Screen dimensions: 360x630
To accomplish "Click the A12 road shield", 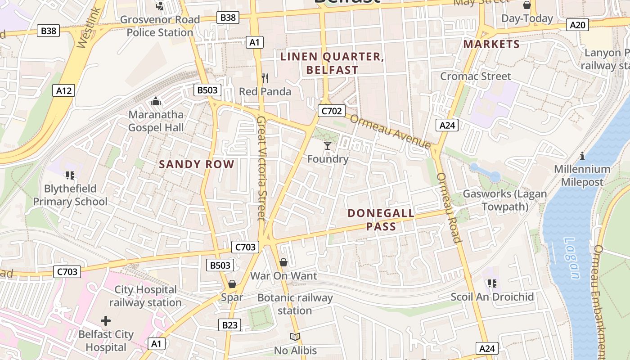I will click(63, 91).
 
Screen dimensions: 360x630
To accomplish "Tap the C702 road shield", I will click(331, 111).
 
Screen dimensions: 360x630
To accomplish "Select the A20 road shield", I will click(577, 25).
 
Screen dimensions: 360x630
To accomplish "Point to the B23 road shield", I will click(229, 325).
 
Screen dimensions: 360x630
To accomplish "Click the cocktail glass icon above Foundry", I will click(328, 146).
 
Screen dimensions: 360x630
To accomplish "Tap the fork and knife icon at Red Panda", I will click(265, 78).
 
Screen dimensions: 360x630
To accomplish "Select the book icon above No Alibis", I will click(295, 337).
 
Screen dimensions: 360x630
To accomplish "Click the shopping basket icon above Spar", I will click(232, 284).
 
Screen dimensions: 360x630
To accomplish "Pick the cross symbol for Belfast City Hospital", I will click(106, 321).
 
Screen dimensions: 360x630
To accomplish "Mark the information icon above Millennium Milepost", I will click(582, 156).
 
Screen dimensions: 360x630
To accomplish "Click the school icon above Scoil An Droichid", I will click(492, 283).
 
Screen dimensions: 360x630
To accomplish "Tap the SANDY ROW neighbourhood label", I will click(197, 164).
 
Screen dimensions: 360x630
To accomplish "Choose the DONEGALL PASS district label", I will click(381, 220).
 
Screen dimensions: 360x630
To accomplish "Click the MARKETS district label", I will click(491, 44).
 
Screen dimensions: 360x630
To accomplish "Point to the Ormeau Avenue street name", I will click(390, 131).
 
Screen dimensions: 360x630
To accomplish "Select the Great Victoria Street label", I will click(261, 168).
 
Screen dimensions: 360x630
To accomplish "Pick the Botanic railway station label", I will click(295, 304).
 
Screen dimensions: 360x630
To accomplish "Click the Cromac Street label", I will click(475, 76).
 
